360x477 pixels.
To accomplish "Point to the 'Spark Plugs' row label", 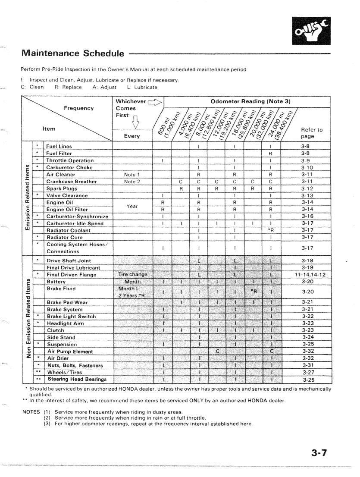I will (60, 188).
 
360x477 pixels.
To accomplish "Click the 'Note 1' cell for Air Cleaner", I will (132, 174).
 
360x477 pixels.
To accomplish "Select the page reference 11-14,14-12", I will (307, 274).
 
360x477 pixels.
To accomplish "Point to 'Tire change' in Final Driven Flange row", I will (132, 274).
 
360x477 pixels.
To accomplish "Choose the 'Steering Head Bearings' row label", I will (77, 380).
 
